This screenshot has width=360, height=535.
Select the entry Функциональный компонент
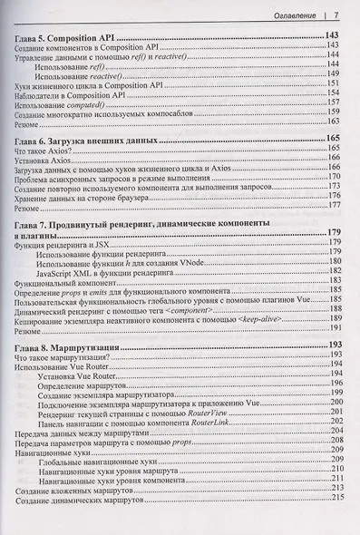point(63,282)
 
